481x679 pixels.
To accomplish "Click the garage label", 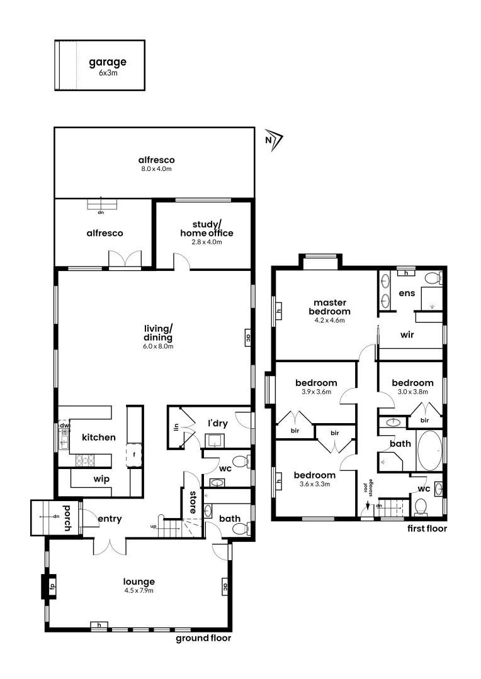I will [x=108, y=62].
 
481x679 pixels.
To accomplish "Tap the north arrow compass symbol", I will [x=274, y=141].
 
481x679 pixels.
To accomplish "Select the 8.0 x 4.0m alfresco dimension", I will [x=157, y=169].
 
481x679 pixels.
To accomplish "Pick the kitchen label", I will [x=98, y=437].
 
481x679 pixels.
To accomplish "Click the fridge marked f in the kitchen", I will [x=135, y=454].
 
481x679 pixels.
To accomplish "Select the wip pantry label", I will [x=101, y=479].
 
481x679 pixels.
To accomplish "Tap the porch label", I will [x=67, y=517].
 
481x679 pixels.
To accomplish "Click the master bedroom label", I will [x=329, y=307].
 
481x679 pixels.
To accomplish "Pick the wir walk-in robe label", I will [x=407, y=335].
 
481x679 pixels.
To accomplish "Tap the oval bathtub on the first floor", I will [x=430, y=450].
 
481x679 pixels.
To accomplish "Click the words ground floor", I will [x=203, y=638].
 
